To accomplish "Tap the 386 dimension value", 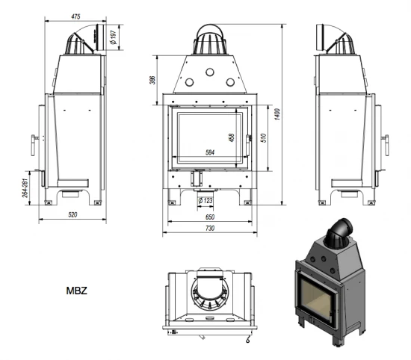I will (x=152, y=79).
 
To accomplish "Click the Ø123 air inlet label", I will (x=205, y=201).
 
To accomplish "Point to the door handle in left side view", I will (x=34, y=139).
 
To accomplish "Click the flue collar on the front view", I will (x=210, y=39).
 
